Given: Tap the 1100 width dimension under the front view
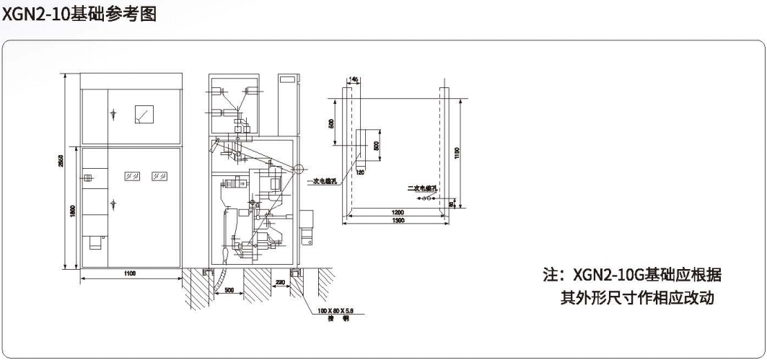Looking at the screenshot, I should pyautogui.click(x=129, y=273).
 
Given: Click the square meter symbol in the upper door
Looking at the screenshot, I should pyautogui.click(x=144, y=113).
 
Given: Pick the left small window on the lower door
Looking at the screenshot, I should pyautogui.click(x=131, y=175).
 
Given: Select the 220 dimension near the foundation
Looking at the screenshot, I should pyautogui.click(x=278, y=283).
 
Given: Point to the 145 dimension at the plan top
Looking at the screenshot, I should pyautogui.click(x=354, y=79).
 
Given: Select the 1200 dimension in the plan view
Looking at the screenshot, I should pyautogui.click(x=397, y=213).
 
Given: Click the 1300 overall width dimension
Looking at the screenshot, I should pyautogui.click(x=397, y=221).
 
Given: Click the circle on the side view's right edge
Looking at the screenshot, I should pyautogui.click(x=298, y=170).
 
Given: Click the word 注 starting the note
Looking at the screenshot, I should pyautogui.click(x=550, y=275).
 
